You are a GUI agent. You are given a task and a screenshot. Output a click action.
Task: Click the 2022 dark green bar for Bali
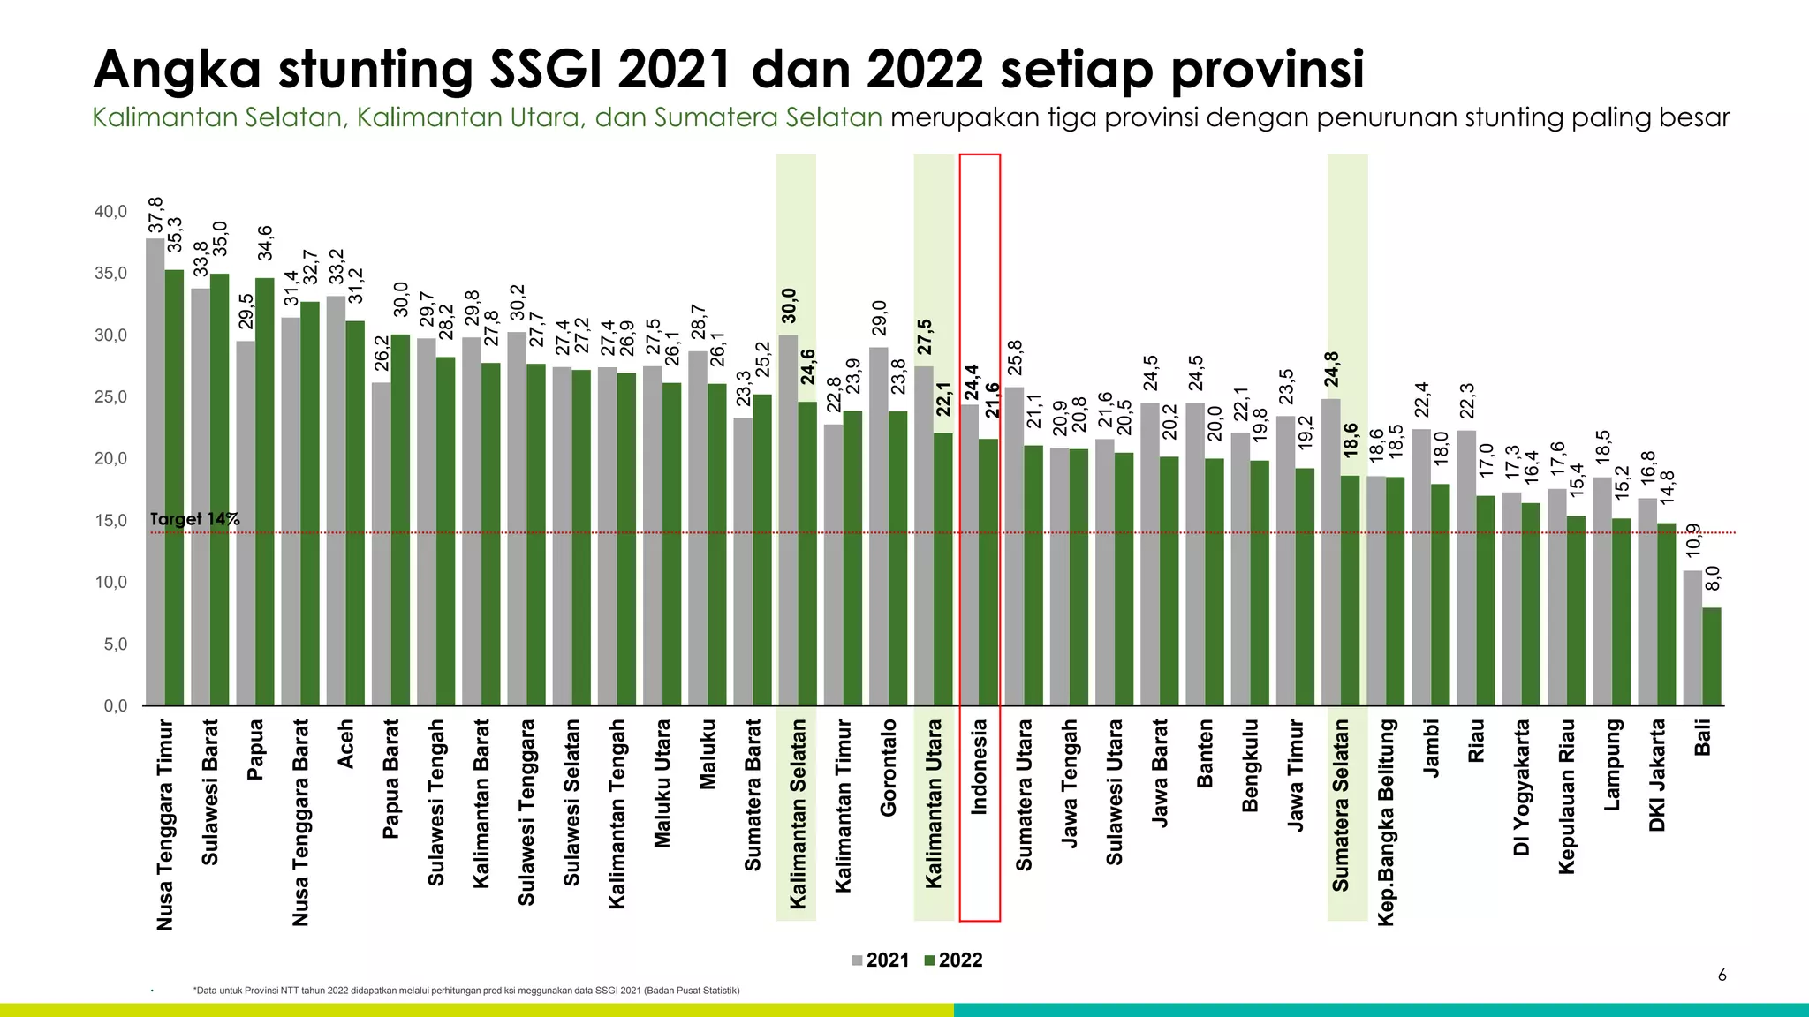click(x=1712, y=657)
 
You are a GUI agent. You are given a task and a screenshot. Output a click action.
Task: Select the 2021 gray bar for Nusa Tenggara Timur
click(x=155, y=472)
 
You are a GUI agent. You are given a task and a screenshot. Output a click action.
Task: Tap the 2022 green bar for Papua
click(x=264, y=492)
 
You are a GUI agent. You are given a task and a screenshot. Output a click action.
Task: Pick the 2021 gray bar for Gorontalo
click(x=878, y=526)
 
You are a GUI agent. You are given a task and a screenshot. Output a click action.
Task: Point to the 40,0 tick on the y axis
click(x=111, y=212)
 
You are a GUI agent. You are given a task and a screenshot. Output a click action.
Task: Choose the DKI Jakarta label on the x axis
click(x=1657, y=775)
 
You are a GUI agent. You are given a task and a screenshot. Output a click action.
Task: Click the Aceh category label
click(x=345, y=743)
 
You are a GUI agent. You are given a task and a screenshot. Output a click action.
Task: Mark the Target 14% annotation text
click(x=194, y=519)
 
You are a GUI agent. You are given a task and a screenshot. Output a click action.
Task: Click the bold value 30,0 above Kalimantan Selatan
click(x=789, y=305)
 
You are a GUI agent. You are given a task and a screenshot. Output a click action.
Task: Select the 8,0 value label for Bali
click(x=1713, y=579)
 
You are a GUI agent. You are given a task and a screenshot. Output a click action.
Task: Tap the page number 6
click(x=1722, y=976)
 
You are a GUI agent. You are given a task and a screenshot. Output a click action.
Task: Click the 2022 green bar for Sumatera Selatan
click(x=1350, y=591)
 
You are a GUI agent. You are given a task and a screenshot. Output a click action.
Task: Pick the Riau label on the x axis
click(x=1476, y=740)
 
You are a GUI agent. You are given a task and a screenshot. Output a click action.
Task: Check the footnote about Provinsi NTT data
click(x=466, y=991)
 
